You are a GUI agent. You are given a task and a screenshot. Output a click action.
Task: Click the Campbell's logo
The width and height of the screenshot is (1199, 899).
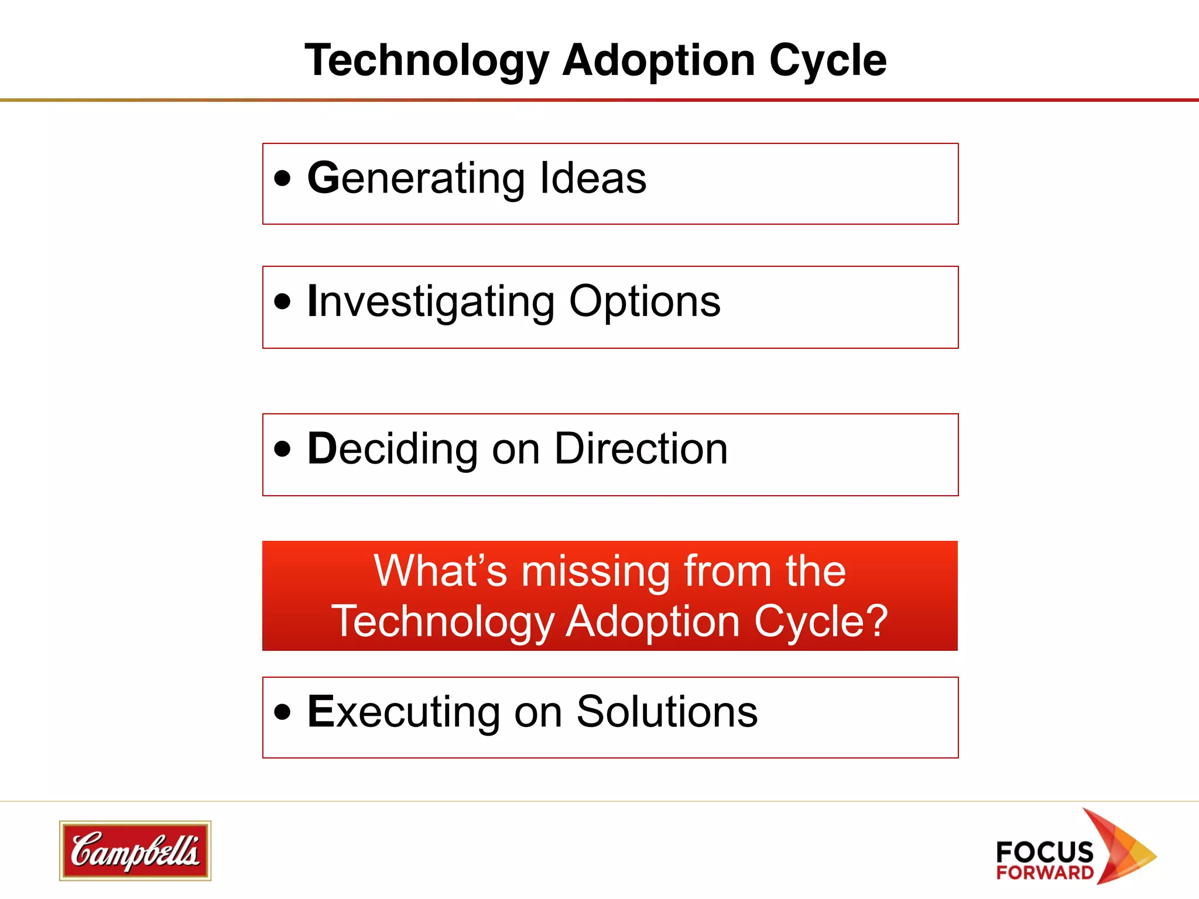(x=135, y=850)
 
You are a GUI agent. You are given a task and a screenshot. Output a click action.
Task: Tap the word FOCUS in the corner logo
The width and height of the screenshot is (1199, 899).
(x=1044, y=852)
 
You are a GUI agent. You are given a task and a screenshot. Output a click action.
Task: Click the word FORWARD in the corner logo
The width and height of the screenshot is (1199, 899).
(x=1045, y=873)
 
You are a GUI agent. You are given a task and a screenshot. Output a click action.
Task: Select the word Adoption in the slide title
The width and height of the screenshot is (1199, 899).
(x=659, y=61)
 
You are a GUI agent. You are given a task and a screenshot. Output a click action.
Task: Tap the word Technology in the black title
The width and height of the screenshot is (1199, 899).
(x=426, y=61)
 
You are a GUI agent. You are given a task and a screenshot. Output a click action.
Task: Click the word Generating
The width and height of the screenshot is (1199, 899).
(x=416, y=179)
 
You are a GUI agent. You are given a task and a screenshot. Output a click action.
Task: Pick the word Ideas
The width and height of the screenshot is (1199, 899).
(x=592, y=178)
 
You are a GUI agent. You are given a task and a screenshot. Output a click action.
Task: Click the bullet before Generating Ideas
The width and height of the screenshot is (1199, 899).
(x=282, y=178)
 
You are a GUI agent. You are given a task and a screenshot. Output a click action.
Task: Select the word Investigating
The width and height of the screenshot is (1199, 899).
(x=431, y=302)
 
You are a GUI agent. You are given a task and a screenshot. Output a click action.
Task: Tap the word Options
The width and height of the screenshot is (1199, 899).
(x=645, y=302)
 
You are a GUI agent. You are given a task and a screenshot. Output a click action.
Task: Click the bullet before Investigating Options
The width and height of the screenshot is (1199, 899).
(x=282, y=301)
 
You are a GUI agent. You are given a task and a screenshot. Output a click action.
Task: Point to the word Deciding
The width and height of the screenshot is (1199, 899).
(x=392, y=449)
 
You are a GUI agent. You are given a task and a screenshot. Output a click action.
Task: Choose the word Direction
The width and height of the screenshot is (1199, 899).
(x=640, y=449)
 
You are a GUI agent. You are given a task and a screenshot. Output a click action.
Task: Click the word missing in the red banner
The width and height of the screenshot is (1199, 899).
(x=595, y=571)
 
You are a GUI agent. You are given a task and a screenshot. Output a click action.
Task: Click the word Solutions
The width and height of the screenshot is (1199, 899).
(x=667, y=712)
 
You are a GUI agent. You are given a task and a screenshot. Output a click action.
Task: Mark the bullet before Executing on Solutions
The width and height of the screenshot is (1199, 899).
(x=282, y=712)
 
